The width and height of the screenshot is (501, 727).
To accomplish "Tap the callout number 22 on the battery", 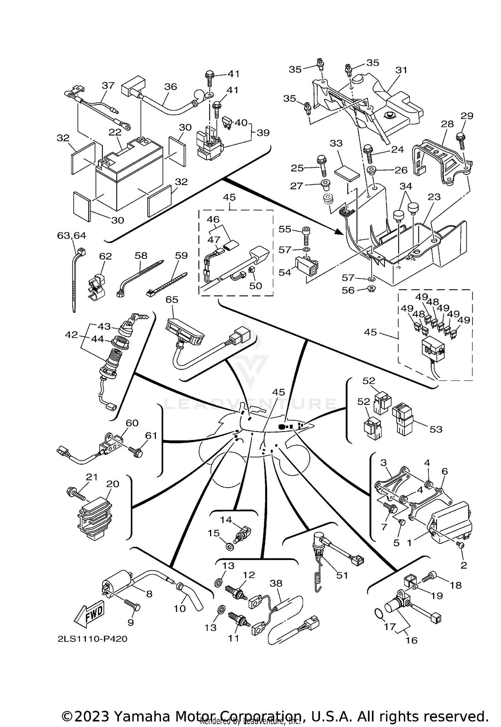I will pos(115,132).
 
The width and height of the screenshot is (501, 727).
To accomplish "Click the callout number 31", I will pos(401,70).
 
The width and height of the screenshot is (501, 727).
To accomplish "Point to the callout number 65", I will pos(172,300).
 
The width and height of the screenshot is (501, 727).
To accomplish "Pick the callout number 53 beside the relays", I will pos(436,429).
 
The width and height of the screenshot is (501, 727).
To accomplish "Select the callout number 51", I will pos(342,575).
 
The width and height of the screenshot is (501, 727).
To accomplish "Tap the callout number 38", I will pos(276,583).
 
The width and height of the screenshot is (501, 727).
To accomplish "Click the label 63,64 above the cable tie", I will pos(71,236).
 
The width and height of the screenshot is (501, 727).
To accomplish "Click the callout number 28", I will pos(447,124).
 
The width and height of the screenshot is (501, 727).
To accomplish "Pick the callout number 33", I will pos(336,143).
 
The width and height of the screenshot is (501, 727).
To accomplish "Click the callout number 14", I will pos(226,520).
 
